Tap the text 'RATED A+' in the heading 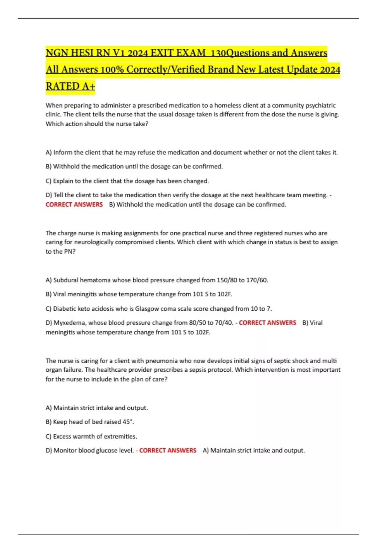(70, 86)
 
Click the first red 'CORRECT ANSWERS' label (74, 205)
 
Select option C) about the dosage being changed (127, 181)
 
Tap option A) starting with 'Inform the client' (192, 153)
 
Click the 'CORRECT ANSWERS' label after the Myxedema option (267, 323)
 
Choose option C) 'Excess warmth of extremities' (91, 436)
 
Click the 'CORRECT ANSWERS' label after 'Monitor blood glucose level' (168, 451)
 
